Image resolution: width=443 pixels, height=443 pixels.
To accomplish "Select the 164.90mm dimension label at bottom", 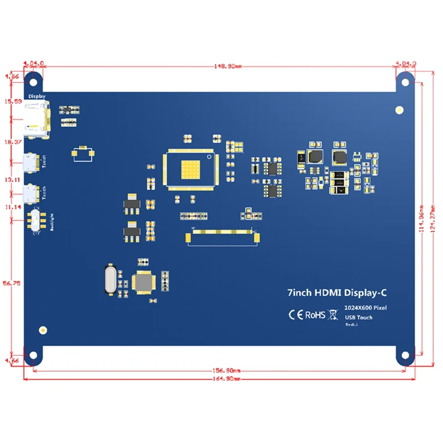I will click(x=221, y=379).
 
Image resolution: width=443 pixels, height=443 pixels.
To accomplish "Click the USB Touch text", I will click(x=358, y=317).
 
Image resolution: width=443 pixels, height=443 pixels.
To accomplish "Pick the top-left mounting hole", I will click(x=34, y=81).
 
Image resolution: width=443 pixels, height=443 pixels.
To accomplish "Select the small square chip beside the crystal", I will click(x=144, y=283).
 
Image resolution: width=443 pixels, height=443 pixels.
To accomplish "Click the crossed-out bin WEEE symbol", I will click(x=333, y=315).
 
